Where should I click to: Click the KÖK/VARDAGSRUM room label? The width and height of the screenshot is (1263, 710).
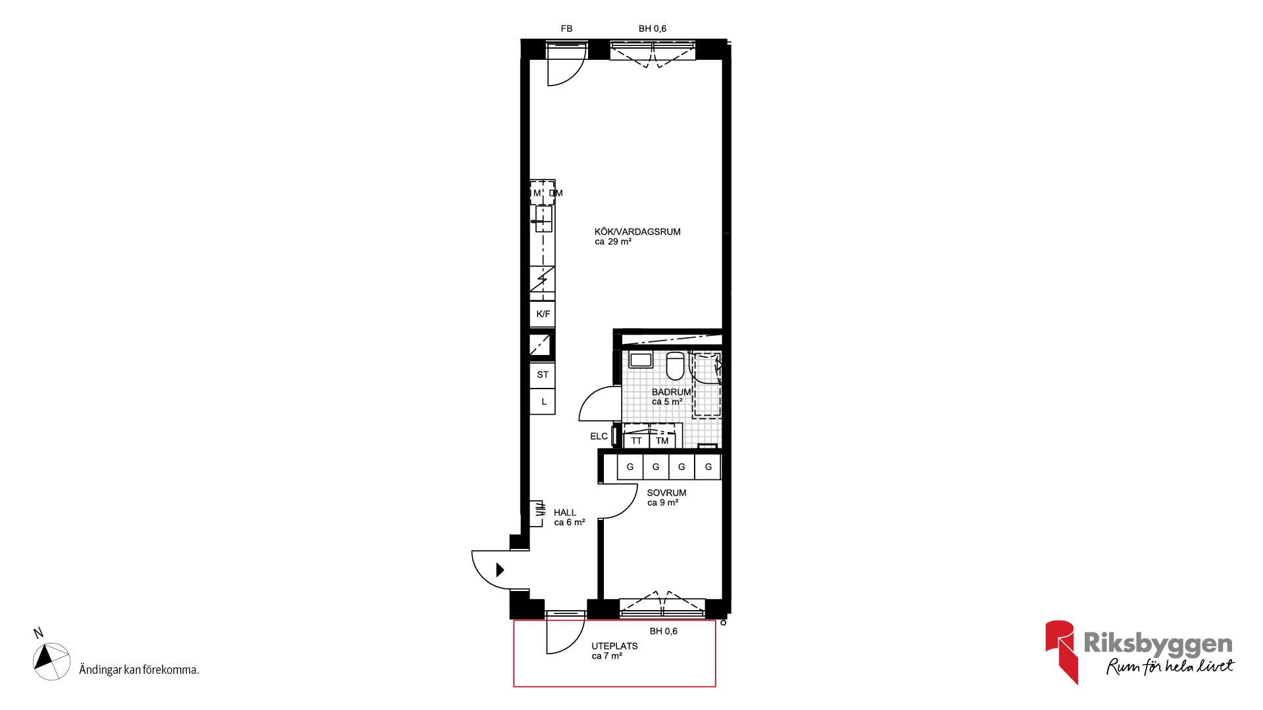point(637,232)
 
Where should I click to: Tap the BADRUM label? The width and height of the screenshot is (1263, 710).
point(671,392)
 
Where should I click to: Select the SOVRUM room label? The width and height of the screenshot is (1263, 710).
point(666,493)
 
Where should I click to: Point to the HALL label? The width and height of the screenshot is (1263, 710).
point(564,513)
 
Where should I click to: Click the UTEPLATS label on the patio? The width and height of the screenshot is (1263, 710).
point(614,646)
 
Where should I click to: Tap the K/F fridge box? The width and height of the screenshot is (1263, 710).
point(543,314)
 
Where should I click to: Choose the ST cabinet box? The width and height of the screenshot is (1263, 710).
point(543,375)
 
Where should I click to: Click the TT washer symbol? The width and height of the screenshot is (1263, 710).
point(636,440)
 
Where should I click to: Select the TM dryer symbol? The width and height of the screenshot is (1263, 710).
point(662,440)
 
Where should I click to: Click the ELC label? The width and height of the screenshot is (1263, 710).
point(599,437)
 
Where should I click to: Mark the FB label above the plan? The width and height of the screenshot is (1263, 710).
point(566,29)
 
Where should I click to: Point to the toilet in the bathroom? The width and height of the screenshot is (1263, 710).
point(675,366)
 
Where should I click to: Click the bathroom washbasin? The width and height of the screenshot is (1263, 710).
point(640,360)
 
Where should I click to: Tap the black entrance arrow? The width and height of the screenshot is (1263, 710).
point(500,569)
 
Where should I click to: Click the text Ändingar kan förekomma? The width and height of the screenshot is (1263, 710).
point(139,670)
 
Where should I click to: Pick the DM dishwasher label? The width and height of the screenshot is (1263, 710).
point(556,193)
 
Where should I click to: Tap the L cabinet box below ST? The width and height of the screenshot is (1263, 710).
point(543,402)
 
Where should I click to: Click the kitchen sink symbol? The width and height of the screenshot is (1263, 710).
point(543,219)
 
